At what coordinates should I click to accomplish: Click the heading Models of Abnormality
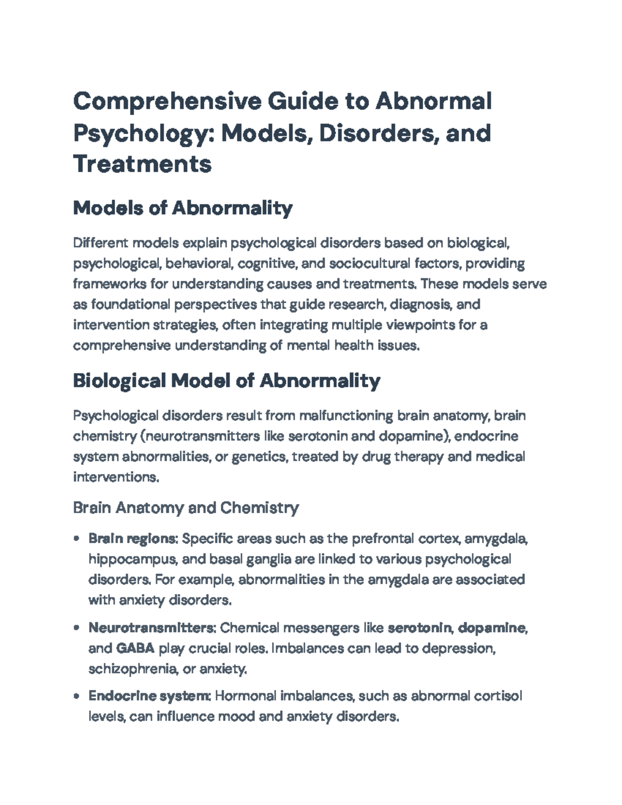point(182,208)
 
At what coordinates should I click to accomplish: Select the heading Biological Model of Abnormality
point(227,381)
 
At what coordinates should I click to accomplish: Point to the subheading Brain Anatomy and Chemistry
point(186,507)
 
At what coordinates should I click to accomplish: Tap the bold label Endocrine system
point(149,696)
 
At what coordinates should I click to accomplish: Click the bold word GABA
point(135,648)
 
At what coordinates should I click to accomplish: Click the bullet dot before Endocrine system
point(77,696)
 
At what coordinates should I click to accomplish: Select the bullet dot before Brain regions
point(77,539)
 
